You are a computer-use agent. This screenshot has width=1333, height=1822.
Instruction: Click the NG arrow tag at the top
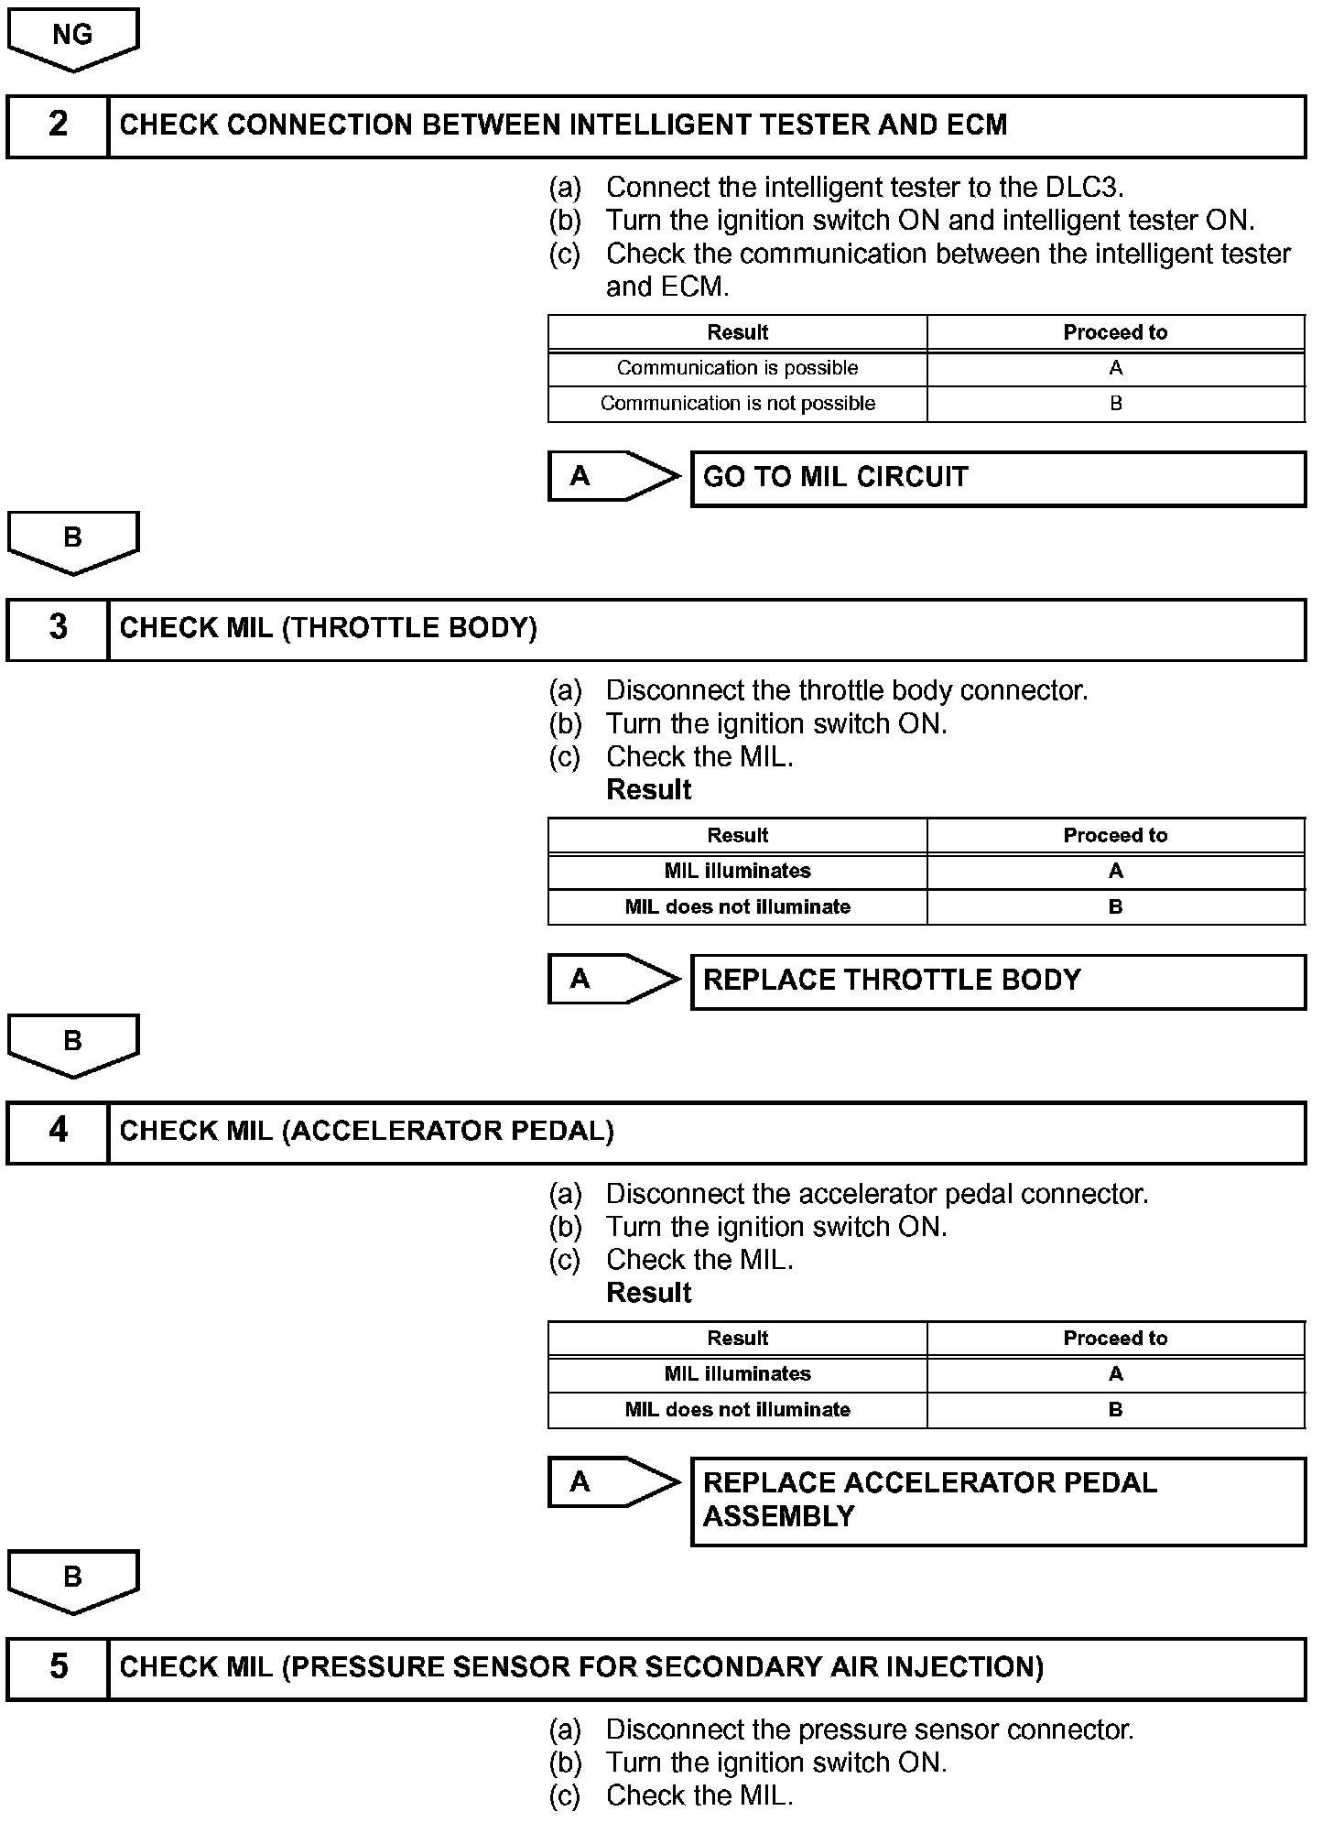72,38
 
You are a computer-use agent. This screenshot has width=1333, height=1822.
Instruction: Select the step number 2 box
58,125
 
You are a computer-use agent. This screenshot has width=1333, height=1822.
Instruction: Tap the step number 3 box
58,629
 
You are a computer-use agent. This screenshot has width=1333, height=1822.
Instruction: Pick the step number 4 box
58,1132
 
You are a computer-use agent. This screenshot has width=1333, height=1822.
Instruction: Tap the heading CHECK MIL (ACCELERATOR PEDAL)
366,1132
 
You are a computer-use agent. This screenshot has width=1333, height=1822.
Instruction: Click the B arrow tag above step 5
72,1580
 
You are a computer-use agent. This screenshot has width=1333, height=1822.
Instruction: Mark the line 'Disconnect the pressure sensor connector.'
870,1730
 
